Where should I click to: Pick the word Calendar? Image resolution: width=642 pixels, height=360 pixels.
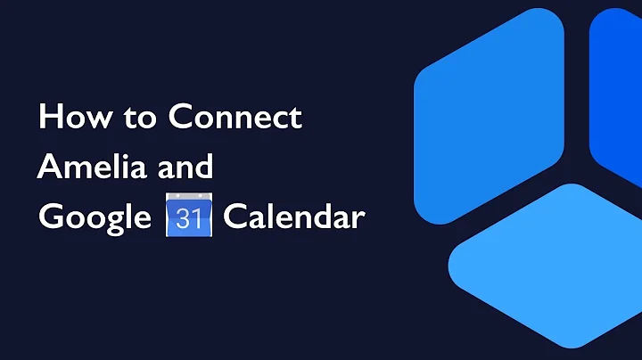293,217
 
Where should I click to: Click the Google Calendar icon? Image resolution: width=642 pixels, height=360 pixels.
187,217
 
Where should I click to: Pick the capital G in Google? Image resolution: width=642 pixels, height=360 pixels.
50,217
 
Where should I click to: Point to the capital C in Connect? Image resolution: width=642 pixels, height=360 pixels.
178,118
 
